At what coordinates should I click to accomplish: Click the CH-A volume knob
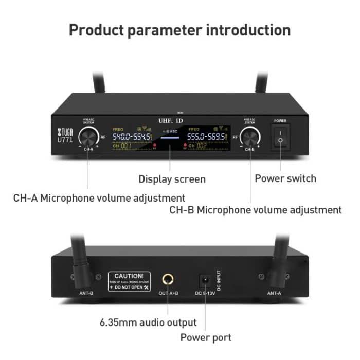tap(88, 136)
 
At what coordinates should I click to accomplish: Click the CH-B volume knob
tap(250, 136)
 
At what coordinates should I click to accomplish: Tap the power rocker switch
tap(280, 137)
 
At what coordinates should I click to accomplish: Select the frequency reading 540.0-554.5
tap(132, 137)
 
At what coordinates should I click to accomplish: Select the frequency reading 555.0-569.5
tap(206, 137)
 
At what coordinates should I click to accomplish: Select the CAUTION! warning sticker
tap(129, 280)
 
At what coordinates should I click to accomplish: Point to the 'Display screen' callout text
tap(172, 179)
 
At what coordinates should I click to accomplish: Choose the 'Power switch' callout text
tap(285, 178)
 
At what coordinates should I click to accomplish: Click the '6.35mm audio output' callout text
tap(148, 322)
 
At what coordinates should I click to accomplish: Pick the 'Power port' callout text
tap(205, 338)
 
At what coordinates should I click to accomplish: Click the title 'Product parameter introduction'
tap(179, 29)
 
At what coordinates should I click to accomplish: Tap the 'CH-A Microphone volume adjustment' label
tap(99, 197)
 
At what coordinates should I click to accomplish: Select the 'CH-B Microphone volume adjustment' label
tap(255, 210)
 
